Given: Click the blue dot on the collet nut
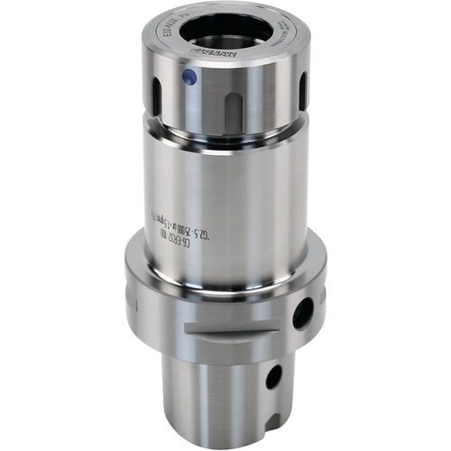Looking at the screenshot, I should click(190, 78).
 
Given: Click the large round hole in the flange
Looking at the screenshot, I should click(302, 312).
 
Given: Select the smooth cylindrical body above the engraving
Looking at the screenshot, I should click(225, 180).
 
